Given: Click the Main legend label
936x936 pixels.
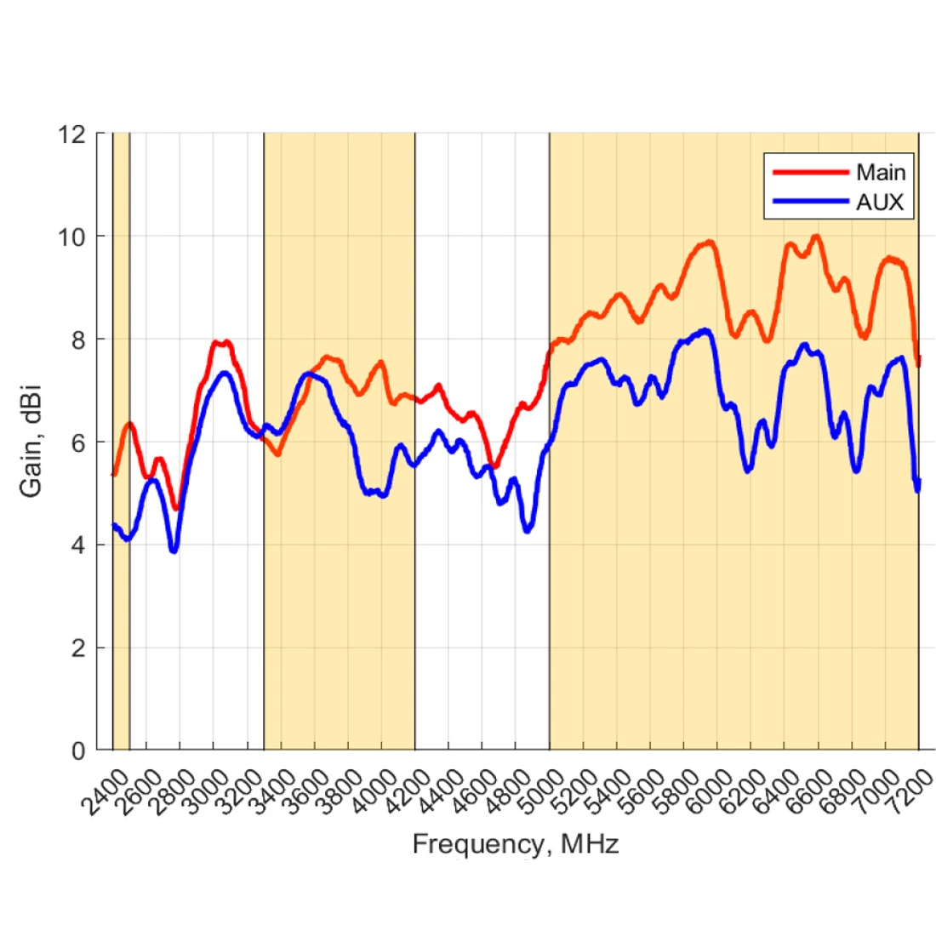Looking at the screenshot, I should coord(880,173).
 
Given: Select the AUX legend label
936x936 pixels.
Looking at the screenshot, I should coord(879,203).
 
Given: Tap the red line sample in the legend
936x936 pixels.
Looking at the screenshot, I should coord(810,173).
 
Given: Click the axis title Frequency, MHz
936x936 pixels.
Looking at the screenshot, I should coord(515,844).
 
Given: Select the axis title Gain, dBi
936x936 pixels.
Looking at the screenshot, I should coord(31,442).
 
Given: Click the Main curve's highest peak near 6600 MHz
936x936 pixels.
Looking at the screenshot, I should coord(817,237).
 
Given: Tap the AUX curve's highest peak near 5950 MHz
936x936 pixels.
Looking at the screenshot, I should coord(705,330).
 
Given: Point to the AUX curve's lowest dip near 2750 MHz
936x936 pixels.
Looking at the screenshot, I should coord(174,551).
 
